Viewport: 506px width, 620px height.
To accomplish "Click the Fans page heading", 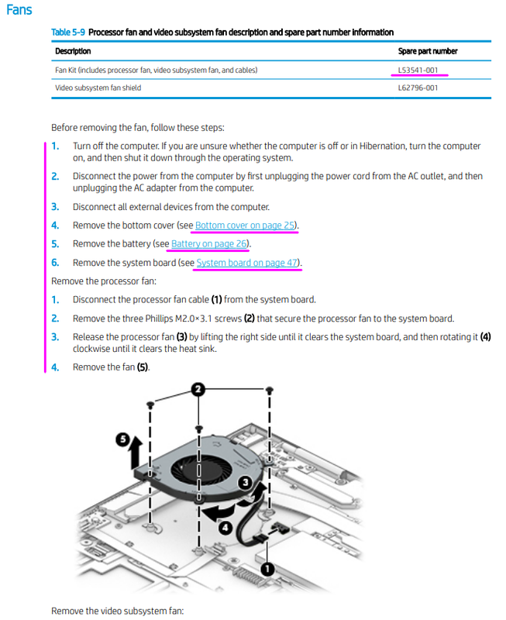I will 19,10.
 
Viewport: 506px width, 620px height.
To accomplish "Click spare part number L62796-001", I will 418,88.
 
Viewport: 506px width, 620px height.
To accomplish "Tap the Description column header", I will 73,51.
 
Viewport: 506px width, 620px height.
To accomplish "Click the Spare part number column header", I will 427,51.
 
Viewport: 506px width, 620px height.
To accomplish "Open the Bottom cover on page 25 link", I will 245,226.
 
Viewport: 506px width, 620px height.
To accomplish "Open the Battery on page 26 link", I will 209,244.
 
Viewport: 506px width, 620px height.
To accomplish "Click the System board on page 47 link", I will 247,263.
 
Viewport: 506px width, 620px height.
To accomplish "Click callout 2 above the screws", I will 198,389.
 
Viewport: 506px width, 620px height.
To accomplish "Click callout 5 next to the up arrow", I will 123,439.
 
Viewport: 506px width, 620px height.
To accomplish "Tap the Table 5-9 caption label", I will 68,33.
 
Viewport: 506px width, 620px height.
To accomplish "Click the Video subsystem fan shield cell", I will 98,88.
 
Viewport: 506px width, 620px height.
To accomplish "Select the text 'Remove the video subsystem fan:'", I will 117,611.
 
